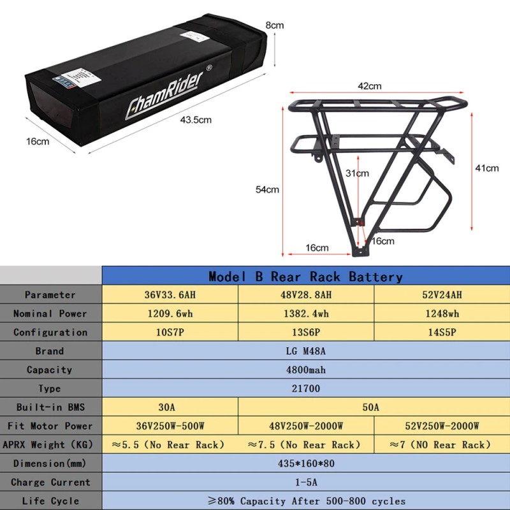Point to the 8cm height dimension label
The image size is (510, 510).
point(275,25)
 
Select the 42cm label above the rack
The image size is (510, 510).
point(369,86)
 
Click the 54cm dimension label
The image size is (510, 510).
point(267,189)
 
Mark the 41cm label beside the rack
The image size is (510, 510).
point(487,168)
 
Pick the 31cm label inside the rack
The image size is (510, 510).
point(357,173)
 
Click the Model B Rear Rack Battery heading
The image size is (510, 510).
point(305,277)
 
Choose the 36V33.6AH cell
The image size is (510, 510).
point(170,295)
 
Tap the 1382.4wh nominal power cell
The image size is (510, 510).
point(305,313)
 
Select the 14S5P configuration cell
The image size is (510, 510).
point(441,332)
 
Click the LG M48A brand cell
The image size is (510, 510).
point(305,351)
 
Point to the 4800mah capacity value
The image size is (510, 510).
point(305,370)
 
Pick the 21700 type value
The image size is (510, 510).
point(305,388)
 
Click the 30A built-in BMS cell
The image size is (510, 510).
point(170,407)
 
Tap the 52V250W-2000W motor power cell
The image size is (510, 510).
point(441,426)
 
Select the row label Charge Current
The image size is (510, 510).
point(50,482)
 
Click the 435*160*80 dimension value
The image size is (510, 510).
point(305,463)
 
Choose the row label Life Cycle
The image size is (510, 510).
point(50,500)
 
